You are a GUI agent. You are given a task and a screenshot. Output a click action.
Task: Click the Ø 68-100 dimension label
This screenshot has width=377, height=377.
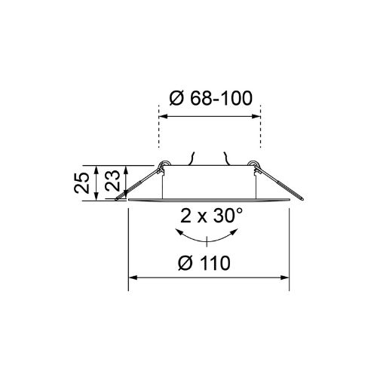point(210,98)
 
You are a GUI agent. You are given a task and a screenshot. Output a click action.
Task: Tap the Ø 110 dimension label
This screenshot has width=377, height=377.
point(204,263)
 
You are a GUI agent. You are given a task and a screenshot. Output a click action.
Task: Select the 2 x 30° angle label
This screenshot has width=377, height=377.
point(212,216)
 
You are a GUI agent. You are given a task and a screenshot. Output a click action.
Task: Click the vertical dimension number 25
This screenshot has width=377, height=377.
point(82,182)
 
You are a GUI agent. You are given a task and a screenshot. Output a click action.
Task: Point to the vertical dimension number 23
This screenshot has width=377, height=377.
point(112,180)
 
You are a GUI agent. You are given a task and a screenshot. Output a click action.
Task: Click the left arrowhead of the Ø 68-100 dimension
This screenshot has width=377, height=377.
point(164,116)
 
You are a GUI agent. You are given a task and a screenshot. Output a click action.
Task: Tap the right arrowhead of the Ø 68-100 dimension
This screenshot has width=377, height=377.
point(256,116)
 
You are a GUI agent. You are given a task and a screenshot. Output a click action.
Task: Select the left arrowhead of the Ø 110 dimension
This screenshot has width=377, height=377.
point(133,277)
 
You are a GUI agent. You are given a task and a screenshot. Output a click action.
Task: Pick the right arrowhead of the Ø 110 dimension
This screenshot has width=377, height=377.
point(285,277)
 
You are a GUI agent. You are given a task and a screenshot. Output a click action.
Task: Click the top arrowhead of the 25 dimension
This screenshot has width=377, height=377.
point(96,170)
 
